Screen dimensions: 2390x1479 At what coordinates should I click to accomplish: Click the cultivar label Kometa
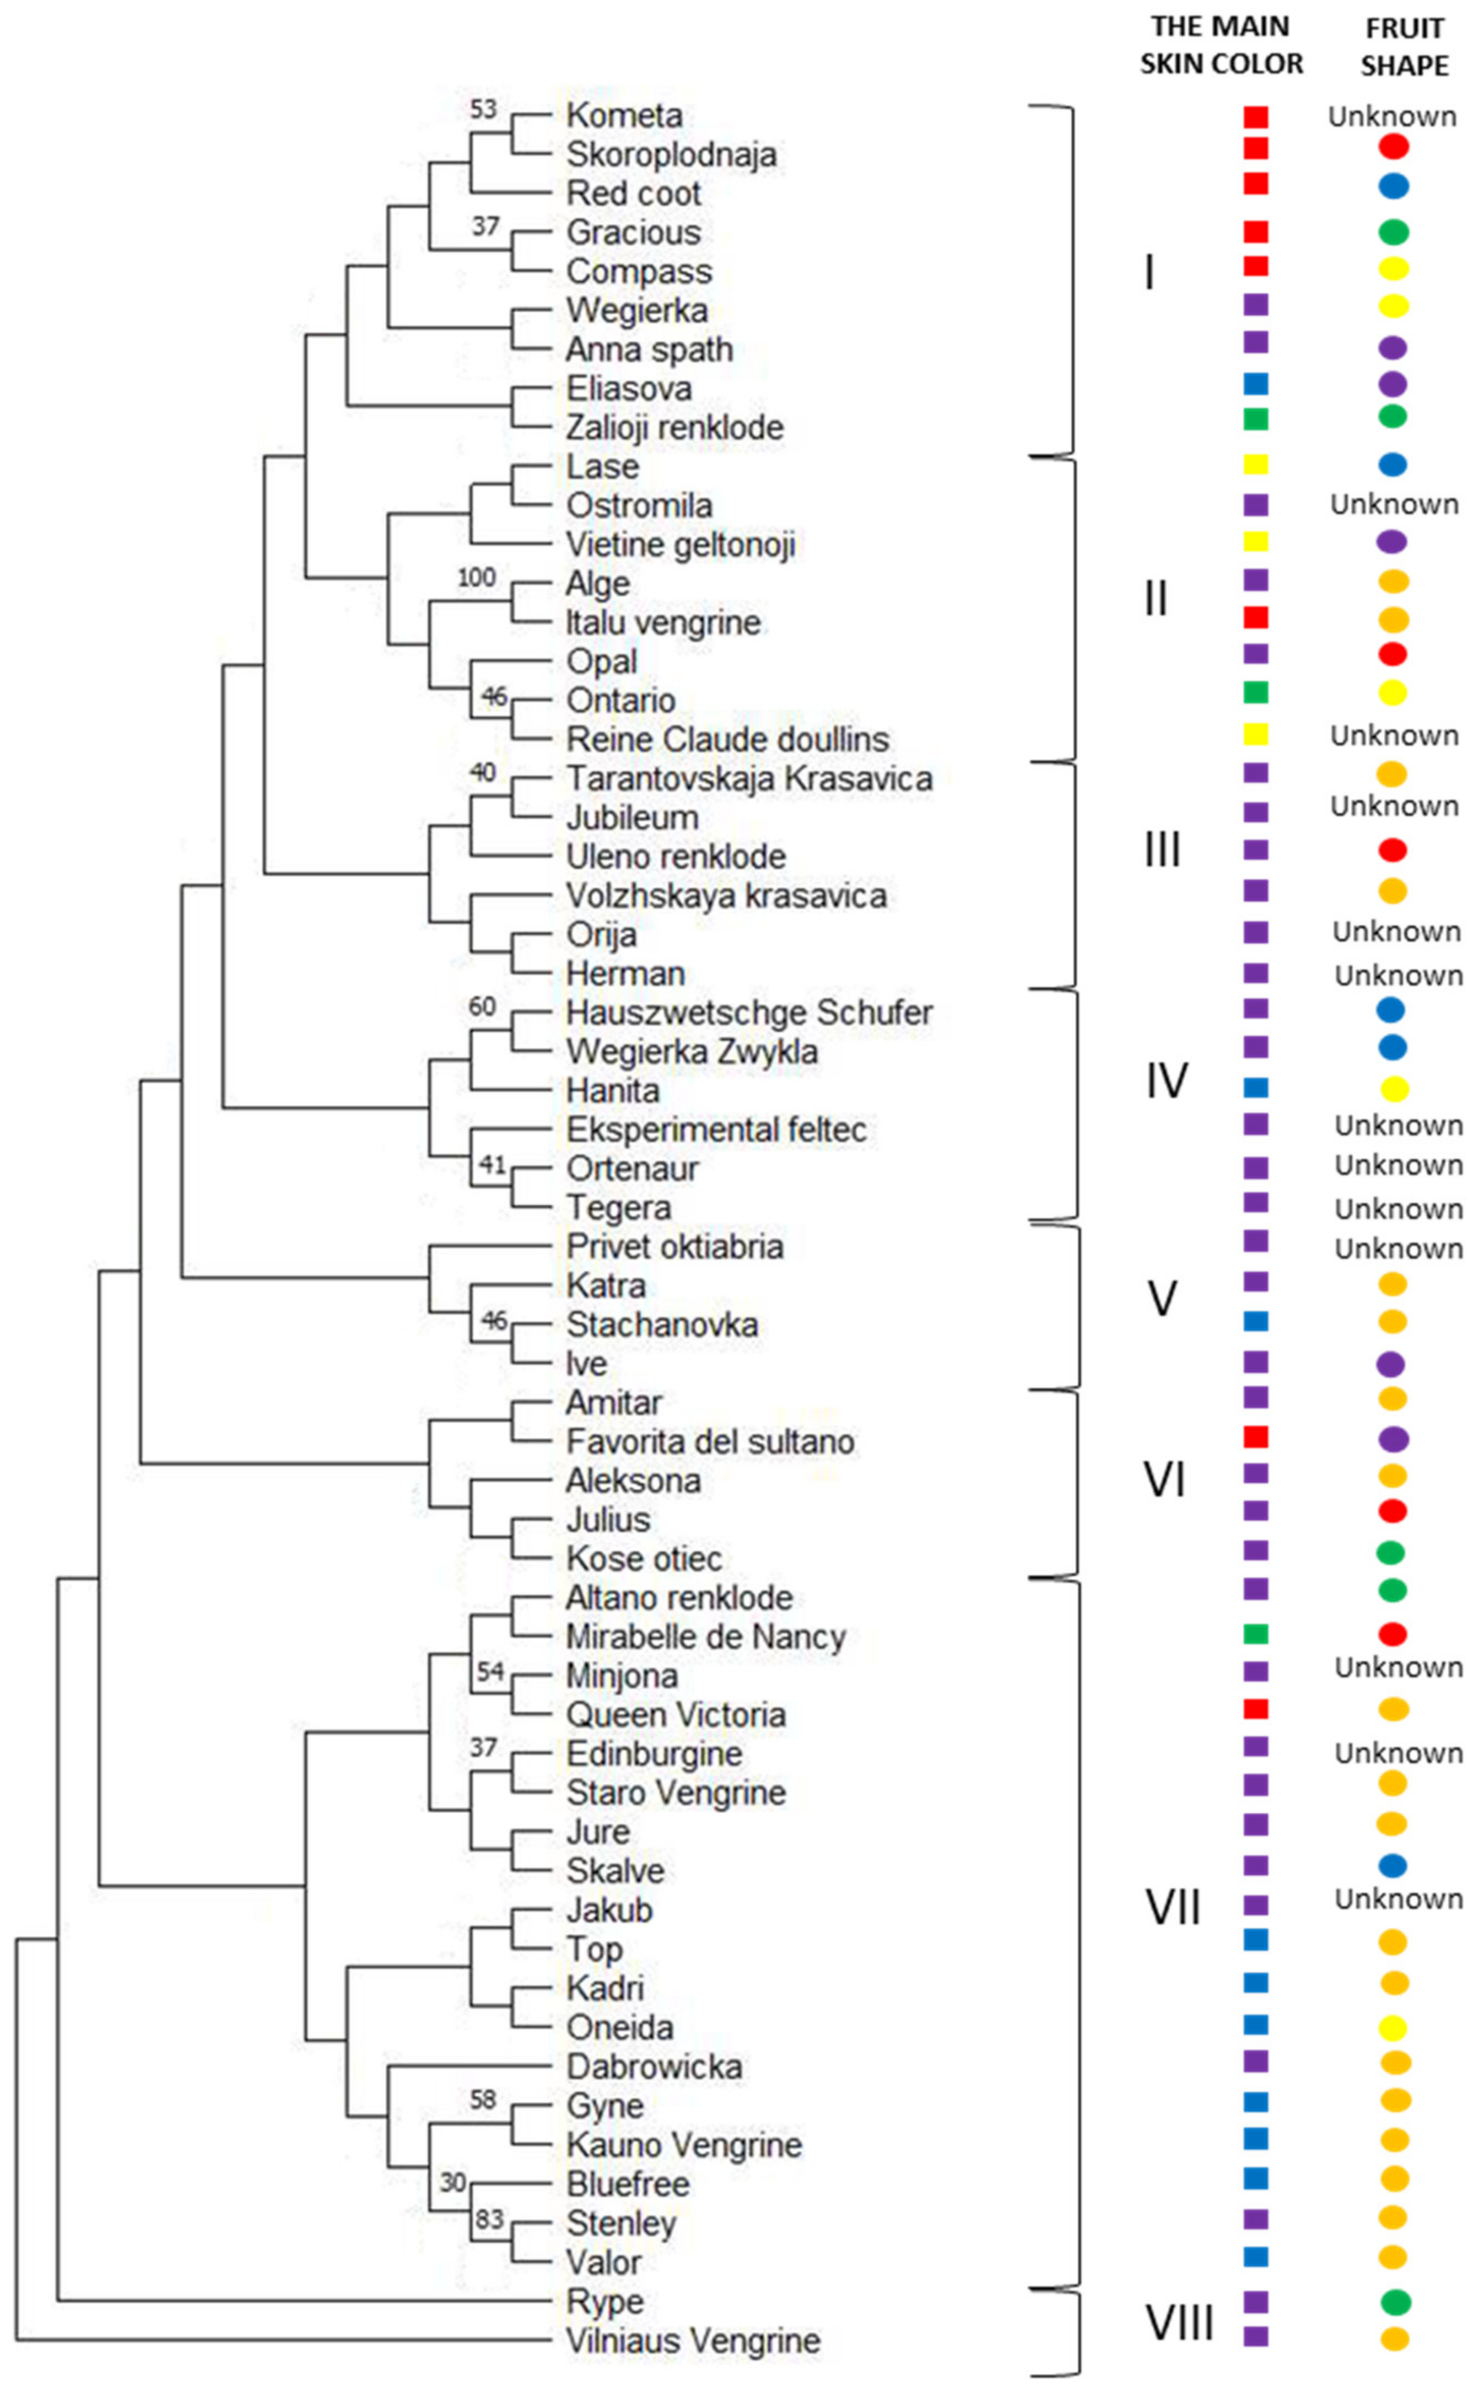624,115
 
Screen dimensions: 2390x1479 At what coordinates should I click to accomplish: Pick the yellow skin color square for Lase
1256,465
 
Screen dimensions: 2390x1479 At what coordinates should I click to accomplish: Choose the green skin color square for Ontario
1256,693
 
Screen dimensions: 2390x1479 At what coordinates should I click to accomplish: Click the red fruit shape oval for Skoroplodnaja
1393,147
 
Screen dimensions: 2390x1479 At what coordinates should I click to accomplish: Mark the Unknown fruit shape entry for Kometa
1392,116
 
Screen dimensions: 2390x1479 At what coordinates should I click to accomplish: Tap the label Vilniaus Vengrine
693,2341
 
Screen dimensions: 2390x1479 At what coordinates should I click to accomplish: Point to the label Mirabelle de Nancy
705,1637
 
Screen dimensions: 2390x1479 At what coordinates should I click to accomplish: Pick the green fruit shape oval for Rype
1395,2302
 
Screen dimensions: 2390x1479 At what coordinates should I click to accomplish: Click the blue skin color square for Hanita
1256,1087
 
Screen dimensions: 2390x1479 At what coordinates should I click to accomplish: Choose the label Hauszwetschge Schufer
748,1013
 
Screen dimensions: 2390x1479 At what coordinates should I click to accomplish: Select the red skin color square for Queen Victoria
1256,1709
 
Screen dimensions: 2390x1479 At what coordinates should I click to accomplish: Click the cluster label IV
1166,1081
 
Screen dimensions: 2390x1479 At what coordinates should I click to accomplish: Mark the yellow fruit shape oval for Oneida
1393,2028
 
